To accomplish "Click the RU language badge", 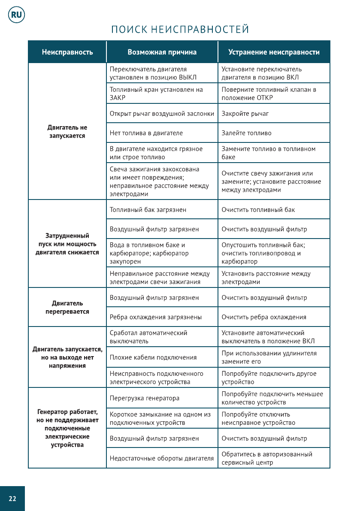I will click(x=16, y=15).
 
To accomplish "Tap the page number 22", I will click(x=12, y=498).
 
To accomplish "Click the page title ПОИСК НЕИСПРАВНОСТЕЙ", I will click(x=180, y=30).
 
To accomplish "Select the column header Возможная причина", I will click(x=162, y=52).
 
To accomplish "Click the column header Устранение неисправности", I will click(x=274, y=52).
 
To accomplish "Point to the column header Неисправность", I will click(x=67, y=52).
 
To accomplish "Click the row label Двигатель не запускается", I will click(x=67, y=132).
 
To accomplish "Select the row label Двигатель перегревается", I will click(x=67, y=308).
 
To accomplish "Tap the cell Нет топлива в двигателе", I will click(x=146, y=133).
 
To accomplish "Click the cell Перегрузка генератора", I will click(x=144, y=398).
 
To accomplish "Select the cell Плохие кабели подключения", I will click(x=153, y=357).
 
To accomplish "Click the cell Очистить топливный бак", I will click(x=258, y=210).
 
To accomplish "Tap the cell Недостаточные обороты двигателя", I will click(x=162, y=458).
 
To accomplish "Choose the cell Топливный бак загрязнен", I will click(x=148, y=210).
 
